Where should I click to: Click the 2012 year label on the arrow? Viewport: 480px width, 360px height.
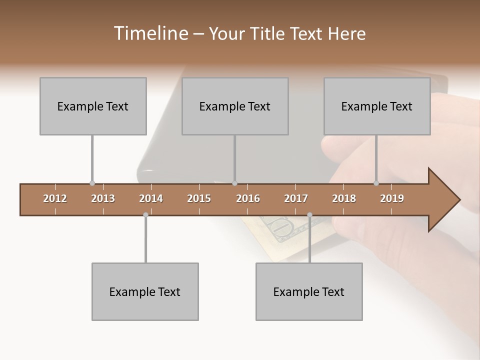[55, 198]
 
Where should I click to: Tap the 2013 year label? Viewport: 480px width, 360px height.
[103, 198]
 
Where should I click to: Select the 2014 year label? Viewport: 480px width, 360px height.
[151, 198]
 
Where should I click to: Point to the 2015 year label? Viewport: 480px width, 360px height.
[199, 198]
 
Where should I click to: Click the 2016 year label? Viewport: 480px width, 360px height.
[248, 198]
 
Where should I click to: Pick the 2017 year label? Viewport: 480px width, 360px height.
[296, 198]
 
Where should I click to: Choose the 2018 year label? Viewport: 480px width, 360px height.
[344, 198]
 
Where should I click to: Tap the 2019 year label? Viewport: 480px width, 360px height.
[392, 198]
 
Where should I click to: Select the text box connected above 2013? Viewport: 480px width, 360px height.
[93, 106]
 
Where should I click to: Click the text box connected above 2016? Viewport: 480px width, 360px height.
[235, 106]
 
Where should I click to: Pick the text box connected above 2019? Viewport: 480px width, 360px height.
[377, 106]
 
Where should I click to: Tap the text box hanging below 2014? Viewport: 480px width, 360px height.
[145, 291]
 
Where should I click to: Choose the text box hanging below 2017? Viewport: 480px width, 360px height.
[309, 291]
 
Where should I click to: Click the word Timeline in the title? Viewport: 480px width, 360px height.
[150, 33]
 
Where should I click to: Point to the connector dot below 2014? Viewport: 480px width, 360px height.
[145, 214]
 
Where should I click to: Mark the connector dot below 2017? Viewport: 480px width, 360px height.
[309, 214]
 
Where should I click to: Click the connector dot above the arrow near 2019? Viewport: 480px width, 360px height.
[376, 183]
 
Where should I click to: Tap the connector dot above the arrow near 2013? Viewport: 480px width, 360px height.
[92, 183]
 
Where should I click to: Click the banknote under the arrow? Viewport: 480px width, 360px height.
[280, 235]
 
